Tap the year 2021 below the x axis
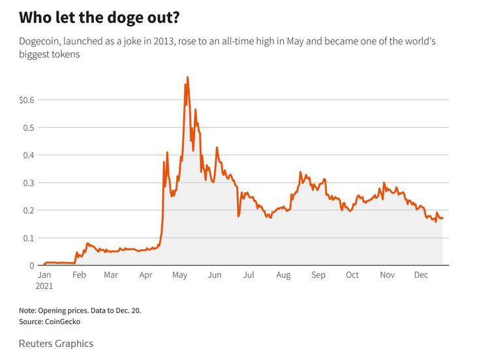point(45,286)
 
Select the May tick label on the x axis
point(179,275)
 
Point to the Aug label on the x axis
point(283,275)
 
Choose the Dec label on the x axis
point(421,275)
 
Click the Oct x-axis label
point(352,275)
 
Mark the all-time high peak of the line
point(188,78)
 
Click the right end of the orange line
point(442,218)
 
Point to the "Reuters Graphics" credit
point(56,343)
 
